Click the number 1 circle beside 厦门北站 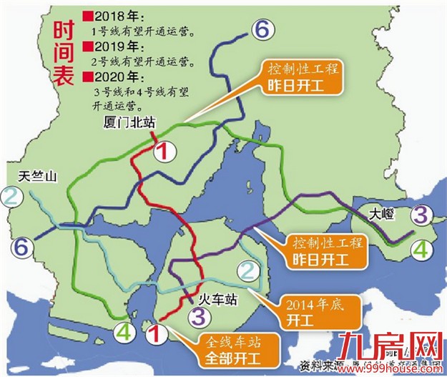pyautogui.click(x=164, y=150)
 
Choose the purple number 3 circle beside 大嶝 pyautogui.click(x=421, y=213)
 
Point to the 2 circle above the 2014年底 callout pyautogui.click(x=247, y=270)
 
